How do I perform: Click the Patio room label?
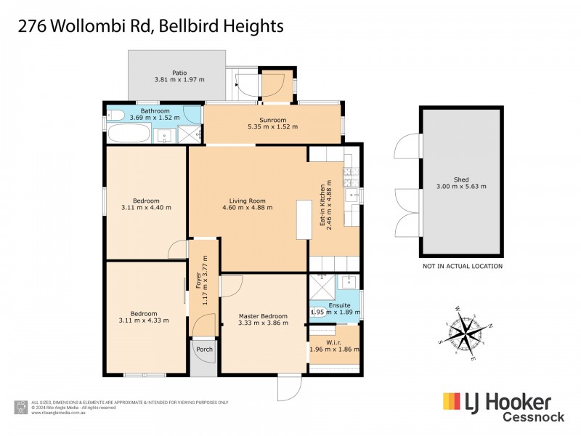point(179,73)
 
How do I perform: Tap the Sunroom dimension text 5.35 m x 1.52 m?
point(272,127)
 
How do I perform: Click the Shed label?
point(461,179)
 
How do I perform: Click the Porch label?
point(204,349)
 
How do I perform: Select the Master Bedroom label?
point(263,316)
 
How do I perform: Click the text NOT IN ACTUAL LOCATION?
point(462,266)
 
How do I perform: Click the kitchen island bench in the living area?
point(302,219)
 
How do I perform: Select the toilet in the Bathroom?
point(114,114)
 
